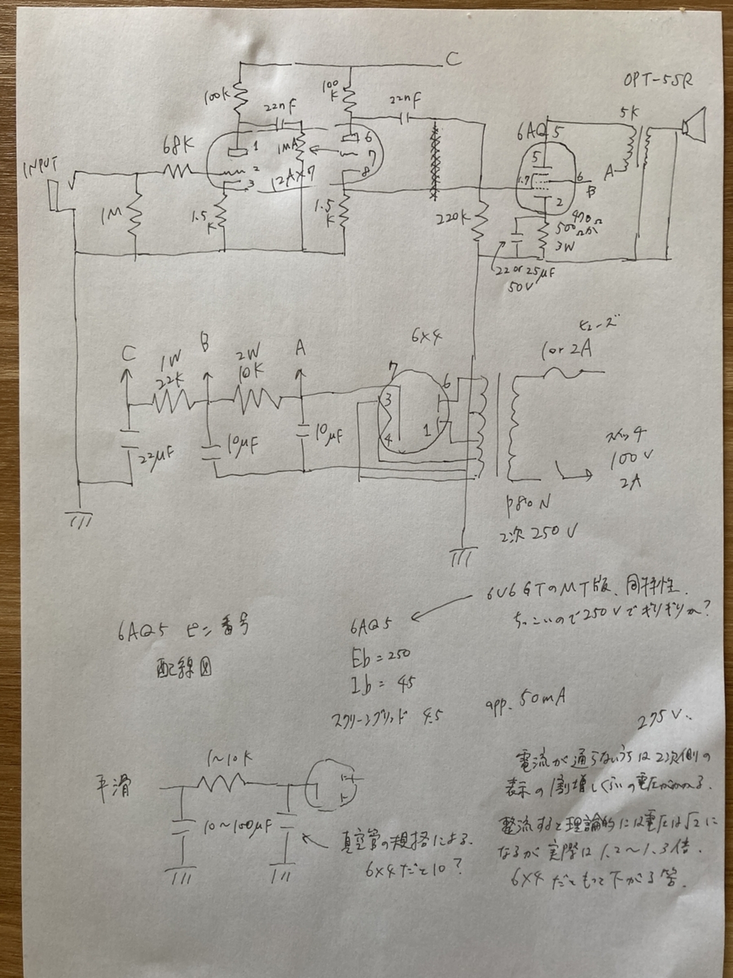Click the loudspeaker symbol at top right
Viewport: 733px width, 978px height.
pos(694,125)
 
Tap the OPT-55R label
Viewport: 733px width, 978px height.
pos(657,80)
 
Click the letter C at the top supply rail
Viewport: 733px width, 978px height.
pos(453,59)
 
